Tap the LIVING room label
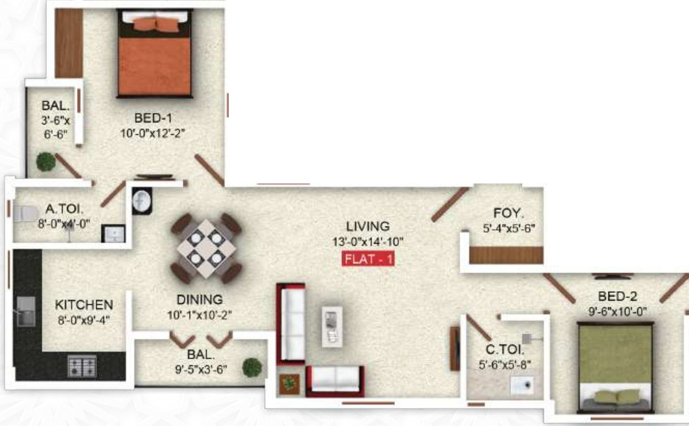coord(368,226)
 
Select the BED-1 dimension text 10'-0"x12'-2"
coord(153,133)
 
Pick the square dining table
coord(206,248)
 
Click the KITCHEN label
coord(84,305)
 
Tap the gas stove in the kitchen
coord(82,366)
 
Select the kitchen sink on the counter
coord(25,311)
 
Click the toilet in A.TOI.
coord(22,213)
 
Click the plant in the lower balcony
coord(252,367)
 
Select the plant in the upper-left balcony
coord(46,162)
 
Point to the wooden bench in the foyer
coord(506,255)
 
